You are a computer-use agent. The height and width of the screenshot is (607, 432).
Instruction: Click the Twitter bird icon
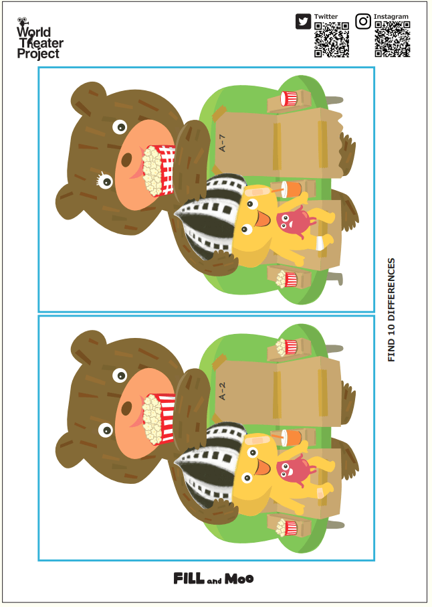point(303,21)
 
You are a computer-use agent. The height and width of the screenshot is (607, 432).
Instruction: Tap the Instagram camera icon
point(362,21)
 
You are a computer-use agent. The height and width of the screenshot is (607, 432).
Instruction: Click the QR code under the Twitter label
point(332,39)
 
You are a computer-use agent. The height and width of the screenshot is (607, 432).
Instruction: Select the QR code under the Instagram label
point(392,39)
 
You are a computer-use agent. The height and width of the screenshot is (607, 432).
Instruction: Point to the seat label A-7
point(222,143)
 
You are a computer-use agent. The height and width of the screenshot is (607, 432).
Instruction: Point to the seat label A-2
point(222,391)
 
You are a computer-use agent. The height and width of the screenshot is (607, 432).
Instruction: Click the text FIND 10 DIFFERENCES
point(391,310)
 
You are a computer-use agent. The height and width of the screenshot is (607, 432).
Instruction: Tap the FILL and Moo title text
point(213,579)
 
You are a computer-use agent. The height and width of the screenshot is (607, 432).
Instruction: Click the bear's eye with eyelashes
point(104,181)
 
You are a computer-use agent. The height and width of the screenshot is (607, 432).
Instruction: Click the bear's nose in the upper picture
point(126,159)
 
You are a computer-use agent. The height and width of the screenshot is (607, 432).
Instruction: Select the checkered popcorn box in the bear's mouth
point(159,170)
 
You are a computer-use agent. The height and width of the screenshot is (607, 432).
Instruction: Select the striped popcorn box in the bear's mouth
point(159,419)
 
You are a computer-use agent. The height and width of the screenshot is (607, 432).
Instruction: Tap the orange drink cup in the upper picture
point(291,189)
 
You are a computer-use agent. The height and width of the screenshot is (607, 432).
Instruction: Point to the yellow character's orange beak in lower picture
point(262,467)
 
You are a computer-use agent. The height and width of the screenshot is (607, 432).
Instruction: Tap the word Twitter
point(326,17)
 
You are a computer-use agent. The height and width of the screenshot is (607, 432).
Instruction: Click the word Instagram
point(391,17)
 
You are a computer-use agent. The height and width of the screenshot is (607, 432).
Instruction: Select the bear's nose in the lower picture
point(126,408)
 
